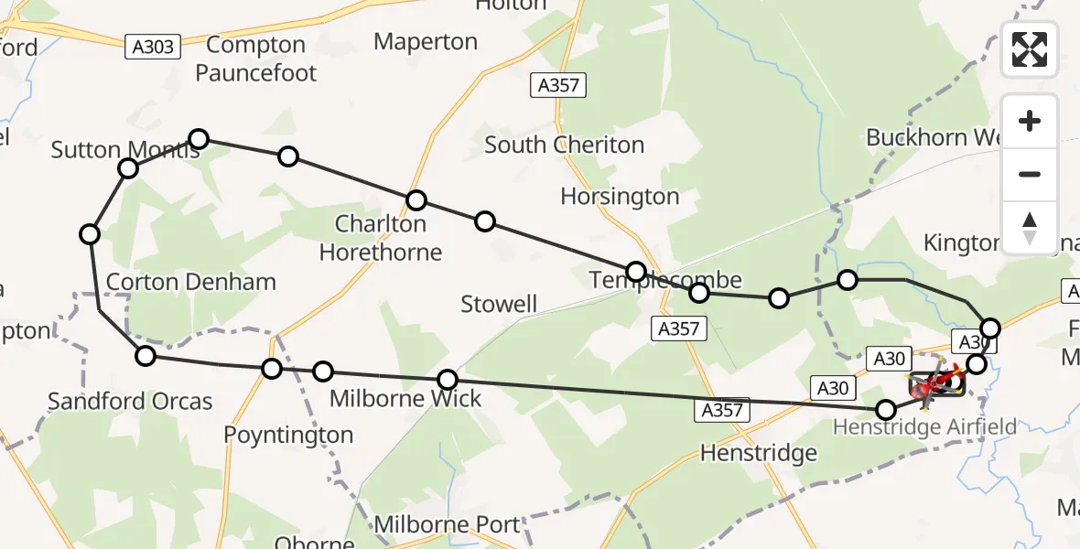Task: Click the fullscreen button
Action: [1030, 48]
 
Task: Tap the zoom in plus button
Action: [1030, 122]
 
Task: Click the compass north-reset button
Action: [1030, 228]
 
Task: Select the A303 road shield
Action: [153, 47]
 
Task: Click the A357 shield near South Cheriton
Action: [558, 86]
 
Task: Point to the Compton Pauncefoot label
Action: [256, 59]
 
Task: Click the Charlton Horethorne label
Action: [381, 238]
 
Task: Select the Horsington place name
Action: [620, 197]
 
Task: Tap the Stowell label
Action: [499, 305]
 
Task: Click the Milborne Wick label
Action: [405, 399]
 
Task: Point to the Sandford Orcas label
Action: [130, 401]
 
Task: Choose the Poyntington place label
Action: [288, 435]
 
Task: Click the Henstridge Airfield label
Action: [924, 427]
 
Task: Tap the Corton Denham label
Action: [191, 282]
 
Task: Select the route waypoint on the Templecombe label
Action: [636, 271]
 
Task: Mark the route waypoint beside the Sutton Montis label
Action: [128, 168]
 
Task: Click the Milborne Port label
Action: [448, 525]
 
